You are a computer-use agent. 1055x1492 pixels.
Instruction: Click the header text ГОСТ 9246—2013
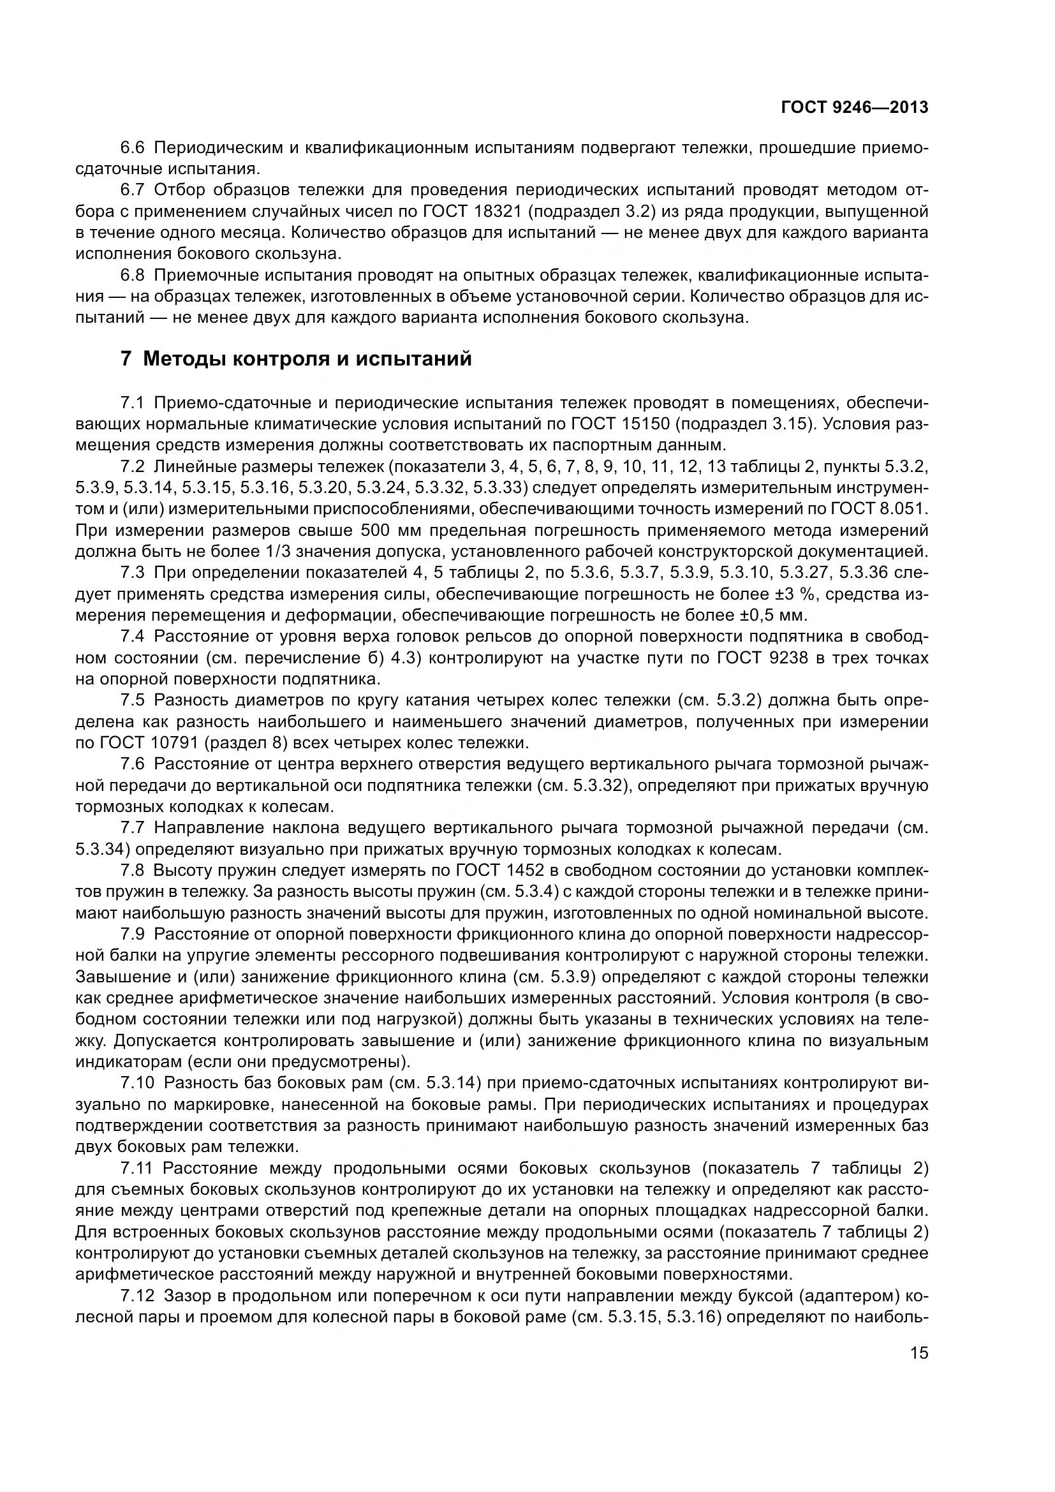(854, 107)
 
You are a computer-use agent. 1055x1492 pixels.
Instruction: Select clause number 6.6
(133, 148)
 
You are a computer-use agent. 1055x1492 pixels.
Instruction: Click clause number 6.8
(133, 276)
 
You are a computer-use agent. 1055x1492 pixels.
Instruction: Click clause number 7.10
(137, 1082)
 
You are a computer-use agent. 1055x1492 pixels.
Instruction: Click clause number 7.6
(133, 764)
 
